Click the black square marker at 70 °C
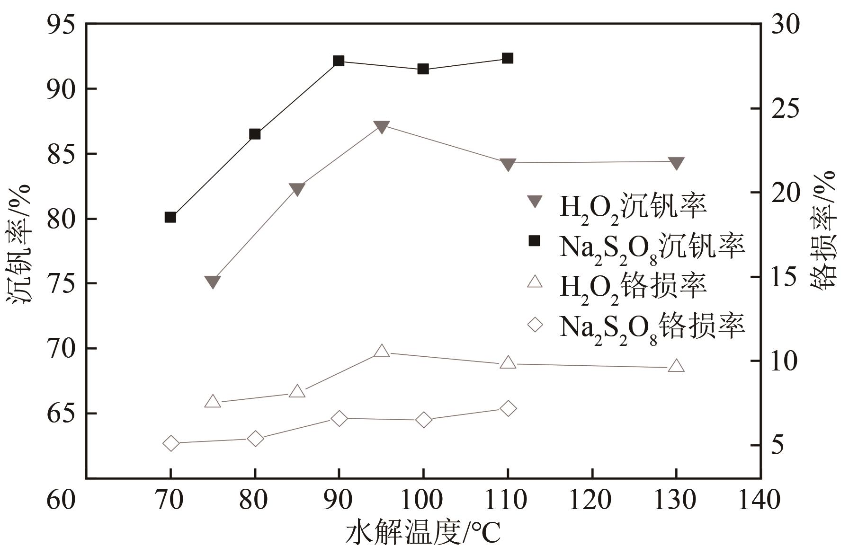(x=170, y=217)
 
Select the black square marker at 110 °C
(x=508, y=59)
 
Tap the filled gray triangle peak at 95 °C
(x=381, y=126)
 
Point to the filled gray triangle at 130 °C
(x=676, y=163)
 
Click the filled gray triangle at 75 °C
(x=213, y=282)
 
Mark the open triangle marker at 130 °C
(x=676, y=366)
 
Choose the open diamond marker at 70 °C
(x=170, y=443)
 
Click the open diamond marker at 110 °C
(x=508, y=408)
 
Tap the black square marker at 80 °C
(x=255, y=134)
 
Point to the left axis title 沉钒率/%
(x=19, y=244)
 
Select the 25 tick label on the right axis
(x=785, y=108)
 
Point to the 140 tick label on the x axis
(x=760, y=500)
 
